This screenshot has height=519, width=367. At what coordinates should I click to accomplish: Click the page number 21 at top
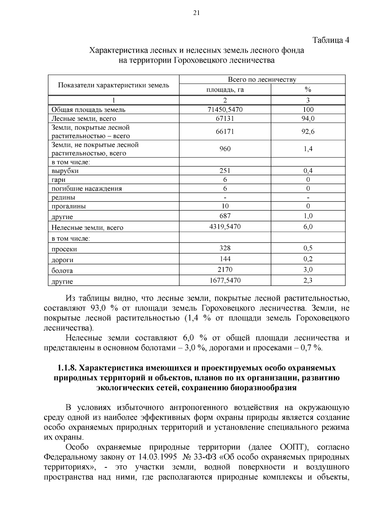(196, 13)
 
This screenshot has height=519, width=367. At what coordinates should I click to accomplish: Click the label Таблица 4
(331, 40)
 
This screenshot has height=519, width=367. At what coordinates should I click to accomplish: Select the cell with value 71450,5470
(225, 109)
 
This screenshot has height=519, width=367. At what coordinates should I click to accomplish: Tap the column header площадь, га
(225, 90)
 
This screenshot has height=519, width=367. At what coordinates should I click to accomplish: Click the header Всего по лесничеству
(262, 80)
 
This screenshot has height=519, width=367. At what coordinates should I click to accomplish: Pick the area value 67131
(225, 118)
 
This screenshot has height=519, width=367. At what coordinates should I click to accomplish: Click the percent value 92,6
(308, 132)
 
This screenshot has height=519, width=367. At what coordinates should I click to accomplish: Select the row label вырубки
(65, 171)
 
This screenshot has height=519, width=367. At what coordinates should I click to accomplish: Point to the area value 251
(225, 171)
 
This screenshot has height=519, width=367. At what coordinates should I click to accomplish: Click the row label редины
(63, 198)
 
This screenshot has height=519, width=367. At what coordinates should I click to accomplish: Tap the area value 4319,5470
(225, 227)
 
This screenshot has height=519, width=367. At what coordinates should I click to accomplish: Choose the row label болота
(62, 271)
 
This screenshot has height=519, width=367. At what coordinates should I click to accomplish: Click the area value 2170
(225, 269)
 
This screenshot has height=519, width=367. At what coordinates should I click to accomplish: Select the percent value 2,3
(308, 280)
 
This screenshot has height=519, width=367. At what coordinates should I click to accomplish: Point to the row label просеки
(64, 249)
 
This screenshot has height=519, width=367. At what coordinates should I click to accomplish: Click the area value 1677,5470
(225, 280)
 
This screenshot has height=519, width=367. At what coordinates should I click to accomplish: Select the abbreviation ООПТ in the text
(293, 447)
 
